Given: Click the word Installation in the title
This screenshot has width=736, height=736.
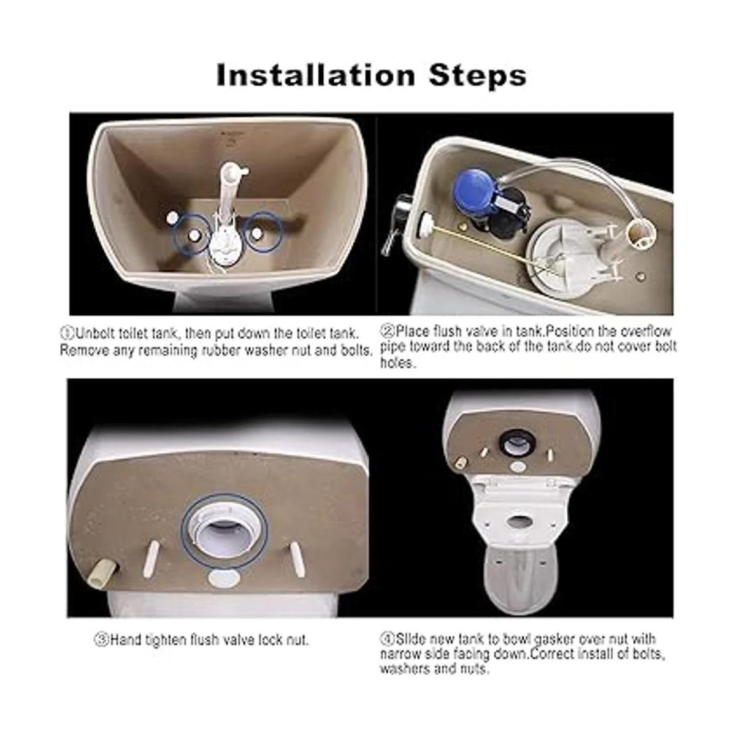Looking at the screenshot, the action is coord(315,75).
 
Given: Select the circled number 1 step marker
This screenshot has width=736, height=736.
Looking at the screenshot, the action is coord(67,333).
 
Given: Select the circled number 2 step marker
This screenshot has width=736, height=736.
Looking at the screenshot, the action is coord(387,331).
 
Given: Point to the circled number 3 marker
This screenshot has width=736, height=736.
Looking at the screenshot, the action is coord(101,639).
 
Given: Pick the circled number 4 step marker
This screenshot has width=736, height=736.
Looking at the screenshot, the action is coord(387,638).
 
